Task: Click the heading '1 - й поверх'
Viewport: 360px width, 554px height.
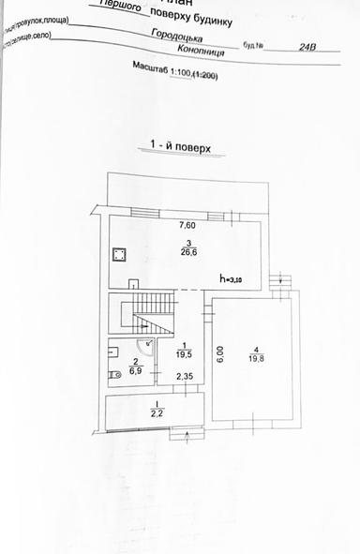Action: [x=179, y=148]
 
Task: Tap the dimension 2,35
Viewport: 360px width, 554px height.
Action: [x=184, y=378]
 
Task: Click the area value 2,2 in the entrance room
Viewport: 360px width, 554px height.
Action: [x=157, y=412]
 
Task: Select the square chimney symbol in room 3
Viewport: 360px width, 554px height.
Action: [x=119, y=254]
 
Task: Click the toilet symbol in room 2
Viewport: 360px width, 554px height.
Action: [x=115, y=374]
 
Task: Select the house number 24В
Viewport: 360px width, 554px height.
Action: [x=307, y=44]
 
